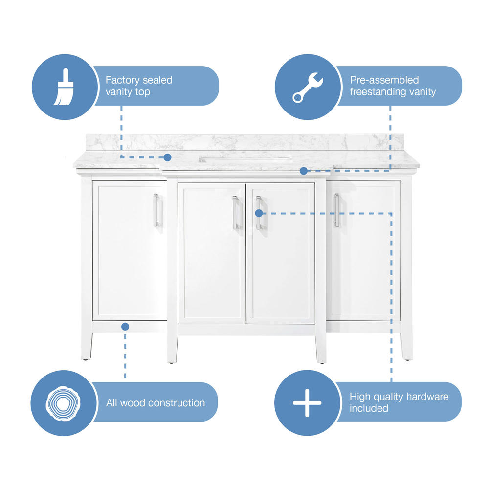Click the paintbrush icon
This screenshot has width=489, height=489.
click(x=64, y=87)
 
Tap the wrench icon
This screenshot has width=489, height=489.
click(x=308, y=88)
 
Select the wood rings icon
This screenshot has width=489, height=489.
click(x=63, y=403)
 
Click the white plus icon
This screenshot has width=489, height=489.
click(x=307, y=402)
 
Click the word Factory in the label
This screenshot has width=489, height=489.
click(x=122, y=80)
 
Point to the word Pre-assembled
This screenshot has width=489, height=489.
click(x=384, y=80)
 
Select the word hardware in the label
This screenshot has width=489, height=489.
click(x=427, y=397)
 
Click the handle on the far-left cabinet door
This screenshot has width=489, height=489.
click(x=156, y=210)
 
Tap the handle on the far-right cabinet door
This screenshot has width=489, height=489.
click(x=336, y=210)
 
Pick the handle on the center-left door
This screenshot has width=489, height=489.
click(x=235, y=212)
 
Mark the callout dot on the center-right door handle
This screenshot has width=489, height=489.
click(x=259, y=213)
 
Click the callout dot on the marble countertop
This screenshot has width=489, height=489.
click(x=167, y=157)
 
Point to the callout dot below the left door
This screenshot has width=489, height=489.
click(x=125, y=327)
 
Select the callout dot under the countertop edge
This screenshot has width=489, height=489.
click(x=304, y=171)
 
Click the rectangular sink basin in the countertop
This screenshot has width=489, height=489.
click(x=245, y=160)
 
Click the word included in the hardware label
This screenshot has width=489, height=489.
click(x=369, y=408)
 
